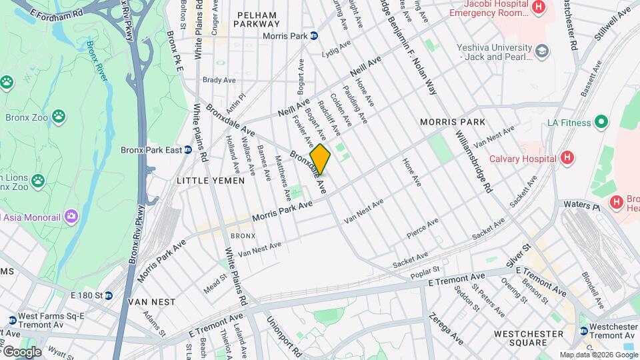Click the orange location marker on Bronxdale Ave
click(320, 159)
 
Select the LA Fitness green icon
click(601, 122)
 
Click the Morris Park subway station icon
click(313, 36)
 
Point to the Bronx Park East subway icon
click(188, 150)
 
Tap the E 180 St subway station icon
click(108, 295)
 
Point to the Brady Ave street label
click(219, 80)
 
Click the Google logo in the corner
click(21, 351)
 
